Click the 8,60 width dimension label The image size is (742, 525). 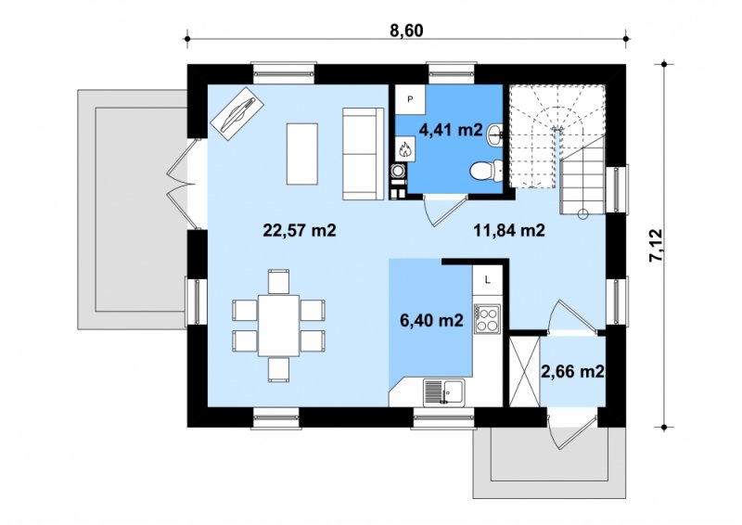pos(406,31)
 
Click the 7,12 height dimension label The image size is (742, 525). pos(657,246)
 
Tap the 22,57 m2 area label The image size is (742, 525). pos(299,231)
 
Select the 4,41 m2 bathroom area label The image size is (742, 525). pos(451,129)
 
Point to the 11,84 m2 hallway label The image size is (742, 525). pos(509,231)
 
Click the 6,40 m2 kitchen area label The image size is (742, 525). pos(431,321)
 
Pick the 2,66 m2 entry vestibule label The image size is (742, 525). pos(572,372)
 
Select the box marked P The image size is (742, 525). pos(410,99)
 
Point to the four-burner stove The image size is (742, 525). pos(488,318)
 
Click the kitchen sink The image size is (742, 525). pos(444,392)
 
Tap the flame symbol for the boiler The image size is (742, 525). pos(405,149)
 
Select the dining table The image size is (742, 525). pos(279,326)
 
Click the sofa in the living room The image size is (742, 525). pos(363,154)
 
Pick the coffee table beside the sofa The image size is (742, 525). pos(302,154)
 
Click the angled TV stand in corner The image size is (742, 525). pos(237,113)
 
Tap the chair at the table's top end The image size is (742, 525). pos(278,282)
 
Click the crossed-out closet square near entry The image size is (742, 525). pos(524,371)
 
